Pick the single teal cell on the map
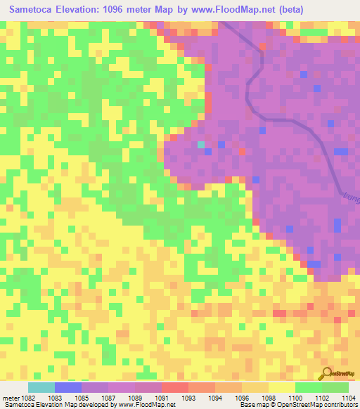tap(201, 144)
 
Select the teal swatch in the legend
tap(41, 387)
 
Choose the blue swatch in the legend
tap(68, 387)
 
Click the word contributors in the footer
tap(340, 405)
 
